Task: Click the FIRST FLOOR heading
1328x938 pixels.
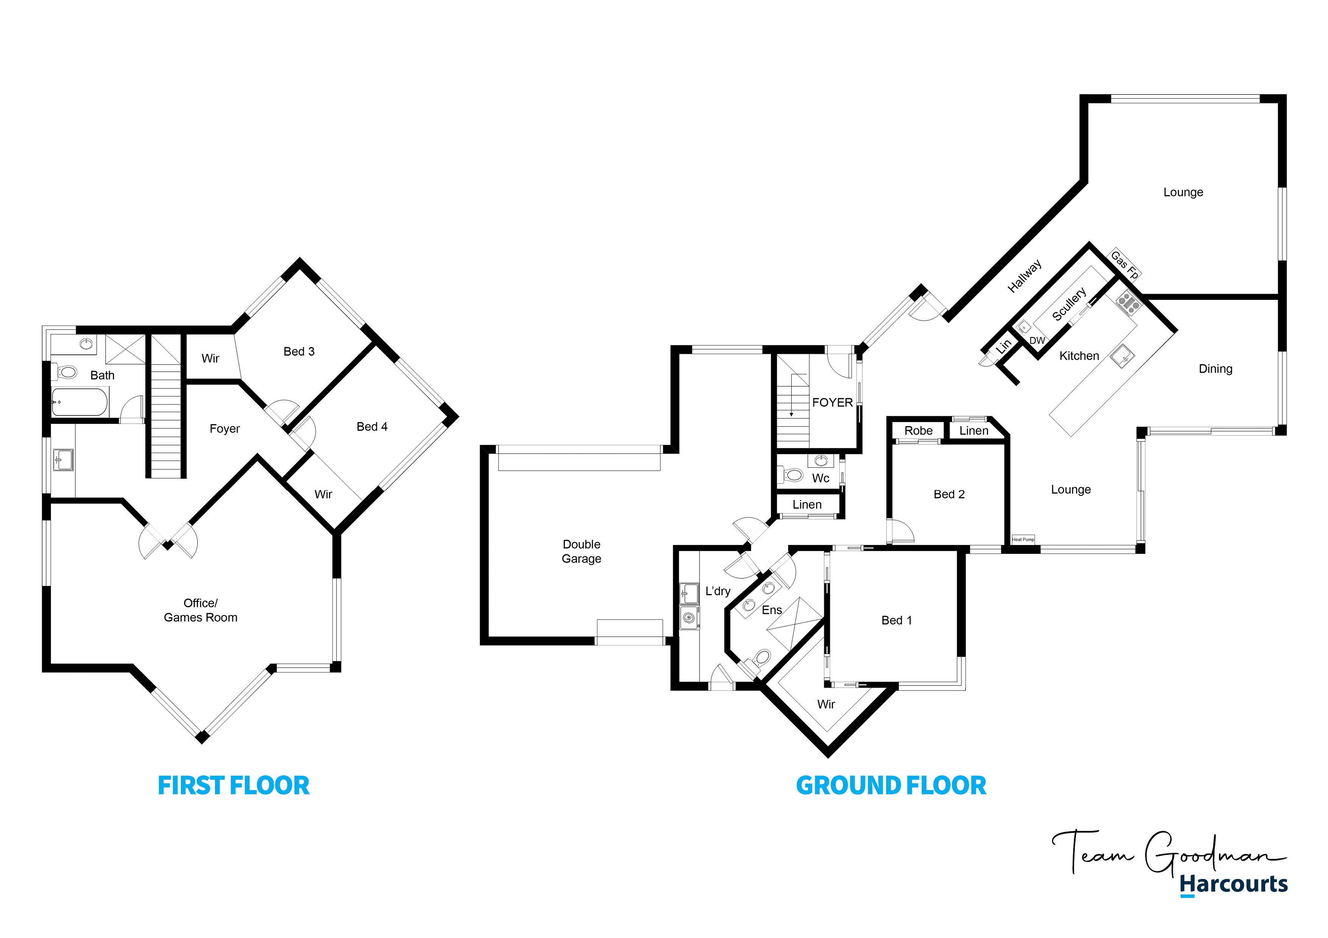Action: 234,786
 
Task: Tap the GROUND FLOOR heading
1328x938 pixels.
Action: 891,786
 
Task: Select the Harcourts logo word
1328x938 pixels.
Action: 1234,884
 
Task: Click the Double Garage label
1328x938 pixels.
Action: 581,551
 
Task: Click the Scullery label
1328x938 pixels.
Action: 1069,304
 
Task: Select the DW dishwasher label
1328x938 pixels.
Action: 1037,340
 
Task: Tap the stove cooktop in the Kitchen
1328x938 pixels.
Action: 1128,302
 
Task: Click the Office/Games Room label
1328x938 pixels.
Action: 200,610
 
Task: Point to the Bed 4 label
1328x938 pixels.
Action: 372,427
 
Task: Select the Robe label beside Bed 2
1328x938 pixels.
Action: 918,430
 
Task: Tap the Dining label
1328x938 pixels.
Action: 1215,369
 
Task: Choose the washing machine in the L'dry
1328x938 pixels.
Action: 689,618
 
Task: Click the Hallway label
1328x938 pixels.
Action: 1024,276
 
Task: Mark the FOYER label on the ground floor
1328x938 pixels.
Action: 832,402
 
